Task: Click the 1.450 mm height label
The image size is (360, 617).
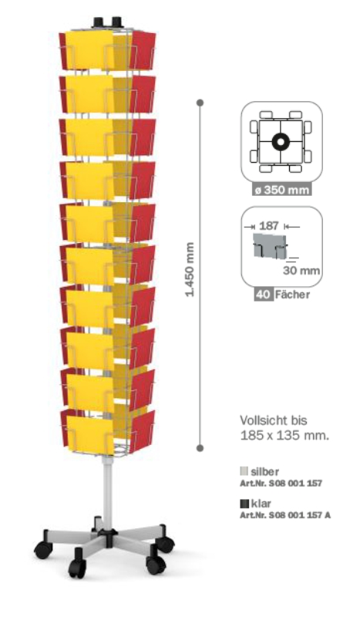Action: click(190, 270)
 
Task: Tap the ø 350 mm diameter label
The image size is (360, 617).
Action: click(281, 190)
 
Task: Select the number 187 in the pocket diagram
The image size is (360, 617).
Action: click(269, 226)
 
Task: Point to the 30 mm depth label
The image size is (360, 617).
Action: click(301, 271)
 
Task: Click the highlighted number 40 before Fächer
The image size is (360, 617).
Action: click(263, 295)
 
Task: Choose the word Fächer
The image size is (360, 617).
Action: click(292, 295)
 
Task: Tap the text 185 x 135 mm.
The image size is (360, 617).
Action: click(284, 436)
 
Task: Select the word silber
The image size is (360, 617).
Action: click(264, 471)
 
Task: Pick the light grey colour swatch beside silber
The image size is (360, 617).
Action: click(244, 471)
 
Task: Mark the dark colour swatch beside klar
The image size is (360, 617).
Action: click(244, 504)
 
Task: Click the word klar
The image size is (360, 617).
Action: click(261, 504)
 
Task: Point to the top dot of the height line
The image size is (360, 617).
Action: click(200, 103)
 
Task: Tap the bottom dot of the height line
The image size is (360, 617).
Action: click(200, 448)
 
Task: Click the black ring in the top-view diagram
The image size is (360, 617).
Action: click(281, 142)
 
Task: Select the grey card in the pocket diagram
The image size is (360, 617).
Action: click(269, 245)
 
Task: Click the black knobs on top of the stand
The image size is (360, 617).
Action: click(106, 22)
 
